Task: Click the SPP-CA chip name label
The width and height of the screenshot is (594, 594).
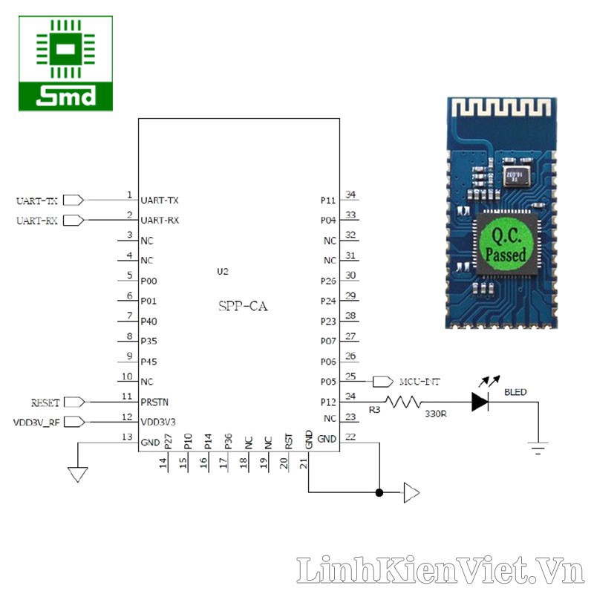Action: (243, 306)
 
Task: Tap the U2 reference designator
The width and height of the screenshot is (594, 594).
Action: (223, 272)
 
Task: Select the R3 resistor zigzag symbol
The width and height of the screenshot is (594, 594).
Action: (403, 402)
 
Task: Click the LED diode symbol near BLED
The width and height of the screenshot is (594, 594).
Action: (480, 402)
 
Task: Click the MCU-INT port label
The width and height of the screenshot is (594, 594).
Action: (419, 382)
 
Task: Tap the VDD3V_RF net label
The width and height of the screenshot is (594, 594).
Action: (37, 422)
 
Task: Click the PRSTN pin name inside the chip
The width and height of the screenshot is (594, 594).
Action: (154, 402)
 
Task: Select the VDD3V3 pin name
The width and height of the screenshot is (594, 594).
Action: (159, 422)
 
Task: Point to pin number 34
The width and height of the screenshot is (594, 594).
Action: (351, 195)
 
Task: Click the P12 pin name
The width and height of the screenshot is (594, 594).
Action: (329, 402)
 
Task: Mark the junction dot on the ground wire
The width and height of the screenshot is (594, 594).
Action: (379, 492)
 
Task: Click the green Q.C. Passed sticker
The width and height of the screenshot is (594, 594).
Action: (506, 244)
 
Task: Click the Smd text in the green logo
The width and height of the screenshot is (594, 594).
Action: (66, 97)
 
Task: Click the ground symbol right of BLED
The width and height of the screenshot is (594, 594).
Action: (538, 447)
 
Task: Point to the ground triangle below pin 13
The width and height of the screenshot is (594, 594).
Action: (77, 473)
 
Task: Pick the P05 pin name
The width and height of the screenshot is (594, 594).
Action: (329, 382)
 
